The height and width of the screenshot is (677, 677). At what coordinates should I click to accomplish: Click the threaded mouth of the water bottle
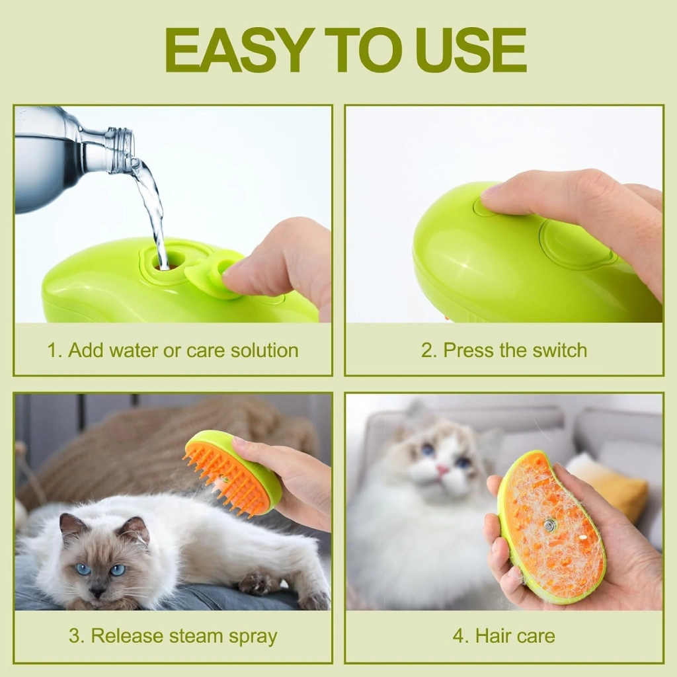click(123, 147)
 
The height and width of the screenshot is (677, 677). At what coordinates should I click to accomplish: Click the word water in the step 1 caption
click(134, 350)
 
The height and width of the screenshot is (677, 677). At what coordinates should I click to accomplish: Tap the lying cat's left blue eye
click(84, 569)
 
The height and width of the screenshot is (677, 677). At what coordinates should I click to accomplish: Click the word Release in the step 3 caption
click(128, 635)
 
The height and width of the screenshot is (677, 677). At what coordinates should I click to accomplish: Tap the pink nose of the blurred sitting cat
click(442, 470)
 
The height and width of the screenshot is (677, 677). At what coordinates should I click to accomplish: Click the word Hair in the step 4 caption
click(491, 635)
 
